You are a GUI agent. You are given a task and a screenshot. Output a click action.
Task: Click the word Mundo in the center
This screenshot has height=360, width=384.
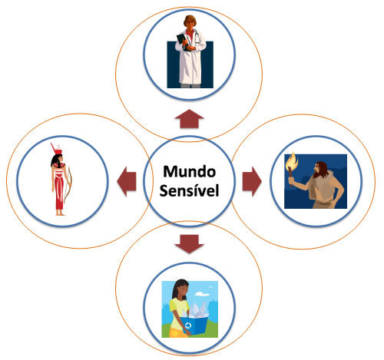click(x=189, y=172)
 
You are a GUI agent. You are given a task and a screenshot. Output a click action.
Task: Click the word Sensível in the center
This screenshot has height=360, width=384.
click(x=189, y=191)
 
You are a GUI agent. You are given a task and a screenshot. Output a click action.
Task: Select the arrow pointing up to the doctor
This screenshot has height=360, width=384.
click(x=189, y=119)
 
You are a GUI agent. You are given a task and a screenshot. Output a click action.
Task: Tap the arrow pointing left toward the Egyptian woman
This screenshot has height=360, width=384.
click(x=127, y=181)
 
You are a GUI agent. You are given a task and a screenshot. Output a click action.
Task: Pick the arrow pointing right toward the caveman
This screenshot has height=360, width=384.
click(x=252, y=181)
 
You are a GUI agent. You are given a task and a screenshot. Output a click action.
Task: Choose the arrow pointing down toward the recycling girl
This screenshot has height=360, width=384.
click(x=189, y=244)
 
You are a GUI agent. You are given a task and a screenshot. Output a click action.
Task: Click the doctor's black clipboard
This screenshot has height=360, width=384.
click(x=184, y=42)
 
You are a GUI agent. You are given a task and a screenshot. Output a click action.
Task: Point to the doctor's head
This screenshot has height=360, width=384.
click(x=190, y=22)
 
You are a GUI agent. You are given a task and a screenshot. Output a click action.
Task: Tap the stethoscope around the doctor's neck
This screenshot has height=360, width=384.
click(x=196, y=37)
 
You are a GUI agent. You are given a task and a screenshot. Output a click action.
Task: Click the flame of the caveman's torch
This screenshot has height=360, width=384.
click(x=293, y=160)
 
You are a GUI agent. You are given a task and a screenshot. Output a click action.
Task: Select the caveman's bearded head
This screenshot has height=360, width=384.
click(x=320, y=170)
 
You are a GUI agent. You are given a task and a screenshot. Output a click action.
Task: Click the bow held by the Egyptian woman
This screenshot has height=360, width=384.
click(x=68, y=183)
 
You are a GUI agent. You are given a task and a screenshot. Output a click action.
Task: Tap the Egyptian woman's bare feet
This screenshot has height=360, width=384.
click(x=61, y=213)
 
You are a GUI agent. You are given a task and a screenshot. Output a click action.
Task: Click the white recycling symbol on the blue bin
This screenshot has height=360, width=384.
click(x=188, y=325)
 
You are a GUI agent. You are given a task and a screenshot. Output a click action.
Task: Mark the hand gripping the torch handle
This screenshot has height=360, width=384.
click(x=291, y=181)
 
